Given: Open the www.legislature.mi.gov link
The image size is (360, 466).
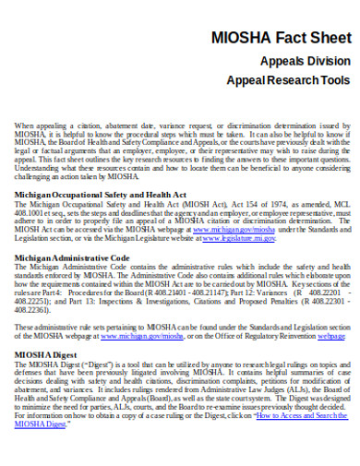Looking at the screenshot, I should click(238, 237).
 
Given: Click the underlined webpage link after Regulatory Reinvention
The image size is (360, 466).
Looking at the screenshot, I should click(331, 335).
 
